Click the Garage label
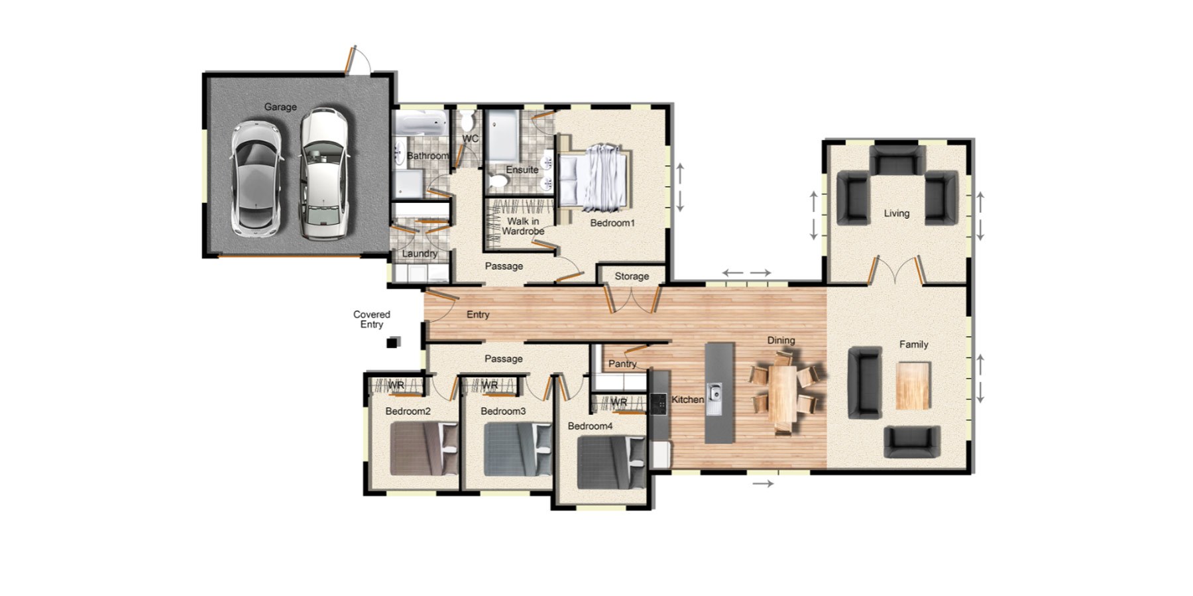pyautogui.click(x=280, y=107)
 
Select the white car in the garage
pyautogui.click(x=323, y=174)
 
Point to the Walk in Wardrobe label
pyautogui.click(x=523, y=226)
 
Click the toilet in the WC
pyautogui.click(x=468, y=121)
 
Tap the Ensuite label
pyautogui.click(x=522, y=170)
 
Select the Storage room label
pyautogui.click(x=632, y=276)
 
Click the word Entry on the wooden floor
pyautogui.click(x=478, y=314)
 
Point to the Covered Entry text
pyautogui.click(x=372, y=320)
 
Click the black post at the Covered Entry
pyautogui.click(x=392, y=343)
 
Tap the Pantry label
pyautogui.click(x=622, y=364)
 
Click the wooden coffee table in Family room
pyautogui.click(x=913, y=385)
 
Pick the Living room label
pyautogui.click(x=896, y=213)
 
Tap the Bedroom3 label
pyautogui.click(x=503, y=411)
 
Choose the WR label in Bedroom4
pyautogui.click(x=619, y=402)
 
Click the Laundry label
pyautogui.click(x=420, y=253)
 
